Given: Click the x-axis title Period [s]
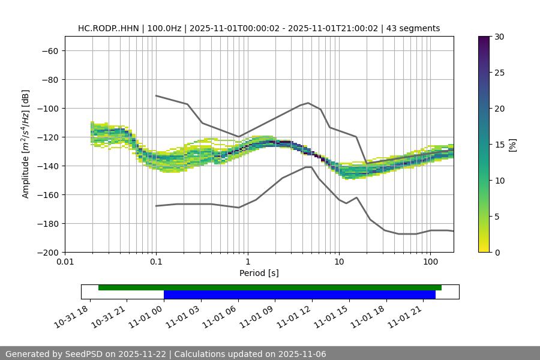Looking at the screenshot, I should pyautogui.click(x=259, y=273).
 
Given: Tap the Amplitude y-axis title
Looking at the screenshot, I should pyautogui.click(x=26, y=144).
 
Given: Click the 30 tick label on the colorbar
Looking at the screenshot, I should pyautogui.click(x=499, y=37).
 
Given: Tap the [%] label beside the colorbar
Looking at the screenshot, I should pyautogui.click(x=512, y=145).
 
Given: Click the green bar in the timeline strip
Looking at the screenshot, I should pyautogui.click(x=270, y=287).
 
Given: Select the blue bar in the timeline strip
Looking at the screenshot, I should pyautogui.click(x=299, y=295).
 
